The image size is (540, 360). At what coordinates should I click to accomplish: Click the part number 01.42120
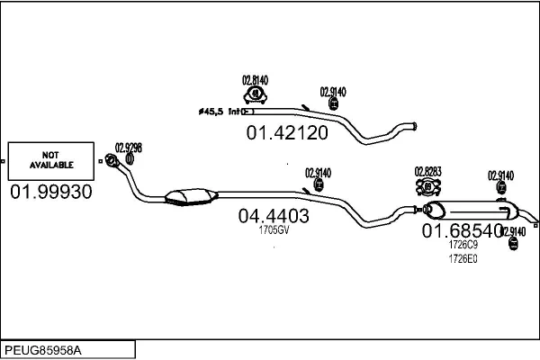(x=287, y=133)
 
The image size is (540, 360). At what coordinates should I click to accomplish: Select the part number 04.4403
(x=274, y=216)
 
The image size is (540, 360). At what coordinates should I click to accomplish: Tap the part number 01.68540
(x=463, y=231)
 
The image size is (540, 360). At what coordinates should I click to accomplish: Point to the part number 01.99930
(x=51, y=192)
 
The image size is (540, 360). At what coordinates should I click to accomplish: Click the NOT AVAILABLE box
(x=51, y=160)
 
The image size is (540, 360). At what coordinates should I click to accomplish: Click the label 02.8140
(x=256, y=78)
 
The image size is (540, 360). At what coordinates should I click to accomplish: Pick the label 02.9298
(x=129, y=148)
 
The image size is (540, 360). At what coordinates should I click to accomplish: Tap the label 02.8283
(x=428, y=171)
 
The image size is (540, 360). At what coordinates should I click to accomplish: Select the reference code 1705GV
(x=273, y=230)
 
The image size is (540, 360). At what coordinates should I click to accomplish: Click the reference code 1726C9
(x=463, y=244)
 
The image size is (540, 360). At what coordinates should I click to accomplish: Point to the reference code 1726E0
(x=463, y=258)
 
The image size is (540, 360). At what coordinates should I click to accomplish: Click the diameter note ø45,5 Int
(x=220, y=112)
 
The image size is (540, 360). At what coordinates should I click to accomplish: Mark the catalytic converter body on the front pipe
(x=189, y=195)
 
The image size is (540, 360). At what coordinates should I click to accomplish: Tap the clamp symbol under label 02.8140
(x=256, y=94)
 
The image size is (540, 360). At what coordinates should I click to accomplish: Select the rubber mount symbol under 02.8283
(x=428, y=187)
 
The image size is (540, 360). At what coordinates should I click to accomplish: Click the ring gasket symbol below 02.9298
(x=130, y=159)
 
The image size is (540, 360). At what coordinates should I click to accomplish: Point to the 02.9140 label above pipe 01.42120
(x=334, y=91)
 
